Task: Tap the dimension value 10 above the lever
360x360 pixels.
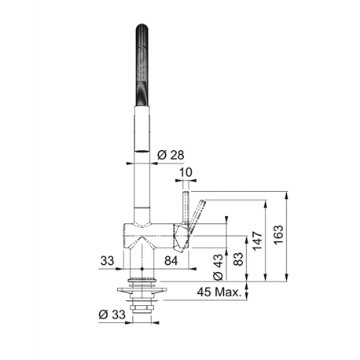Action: (186, 174)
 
